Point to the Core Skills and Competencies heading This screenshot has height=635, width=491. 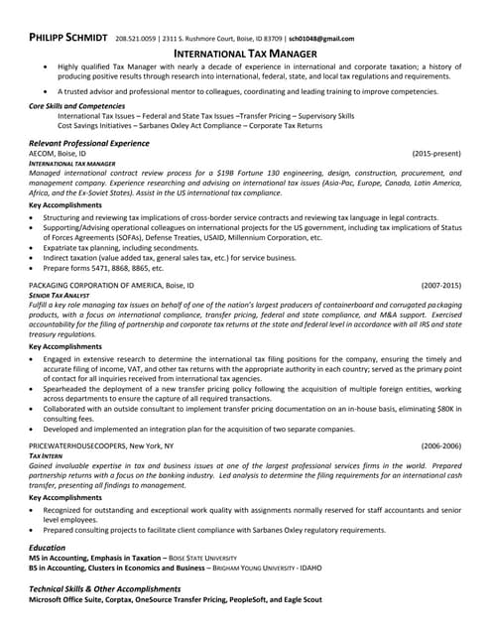(x=76, y=105)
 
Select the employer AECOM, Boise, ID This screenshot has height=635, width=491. (x=58, y=154)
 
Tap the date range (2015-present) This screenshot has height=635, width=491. (x=436, y=154)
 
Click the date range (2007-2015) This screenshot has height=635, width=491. (x=440, y=285)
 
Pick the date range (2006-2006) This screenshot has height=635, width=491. (x=440, y=446)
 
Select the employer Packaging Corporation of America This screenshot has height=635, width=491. (x=111, y=285)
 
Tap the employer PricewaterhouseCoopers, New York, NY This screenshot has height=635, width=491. (x=101, y=446)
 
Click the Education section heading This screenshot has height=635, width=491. (x=47, y=547)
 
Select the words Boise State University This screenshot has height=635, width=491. (x=203, y=558)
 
